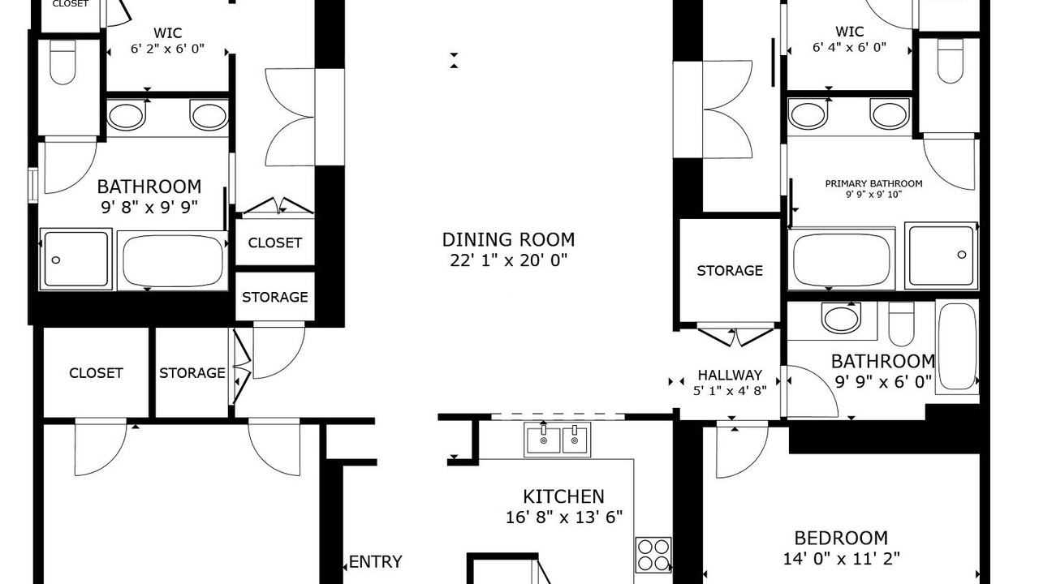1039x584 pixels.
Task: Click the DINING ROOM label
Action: pos(508,239)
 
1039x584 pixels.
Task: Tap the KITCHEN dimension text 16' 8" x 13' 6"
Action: pos(563,517)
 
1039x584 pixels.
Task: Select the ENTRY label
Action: pos(375,562)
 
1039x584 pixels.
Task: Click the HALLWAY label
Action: pos(730,375)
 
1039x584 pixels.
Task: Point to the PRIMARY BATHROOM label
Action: pos(873,183)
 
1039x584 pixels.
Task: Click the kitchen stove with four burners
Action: pos(653,555)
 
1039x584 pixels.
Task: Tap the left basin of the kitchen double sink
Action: pos(543,439)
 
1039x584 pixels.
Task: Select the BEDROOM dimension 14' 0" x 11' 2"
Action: pos(841,559)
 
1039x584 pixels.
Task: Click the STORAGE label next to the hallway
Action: pos(730,271)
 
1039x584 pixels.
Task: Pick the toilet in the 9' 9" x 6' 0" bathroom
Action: pos(901,324)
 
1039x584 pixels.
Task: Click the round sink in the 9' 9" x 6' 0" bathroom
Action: pos(840,317)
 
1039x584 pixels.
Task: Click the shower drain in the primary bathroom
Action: pos(962,255)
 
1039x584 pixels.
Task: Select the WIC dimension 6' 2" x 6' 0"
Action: pos(167,49)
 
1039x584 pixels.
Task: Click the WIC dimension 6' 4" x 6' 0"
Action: pos(849,47)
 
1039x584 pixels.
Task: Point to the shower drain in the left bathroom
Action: pos(56,260)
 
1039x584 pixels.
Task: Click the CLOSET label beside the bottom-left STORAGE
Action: pos(96,373)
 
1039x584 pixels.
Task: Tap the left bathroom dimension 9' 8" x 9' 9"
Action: pos(149,207)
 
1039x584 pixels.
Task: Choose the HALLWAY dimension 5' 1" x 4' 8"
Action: pos(730,391)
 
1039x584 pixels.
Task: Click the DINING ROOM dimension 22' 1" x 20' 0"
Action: pos(508,260)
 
